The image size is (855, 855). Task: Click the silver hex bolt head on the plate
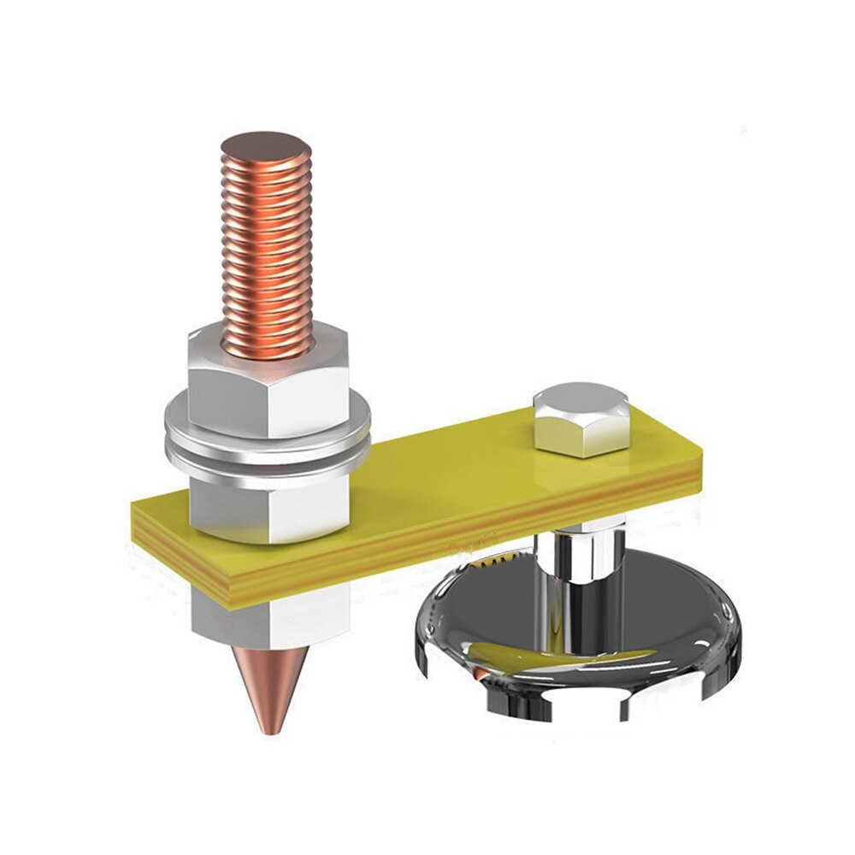[x=580, y=419]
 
